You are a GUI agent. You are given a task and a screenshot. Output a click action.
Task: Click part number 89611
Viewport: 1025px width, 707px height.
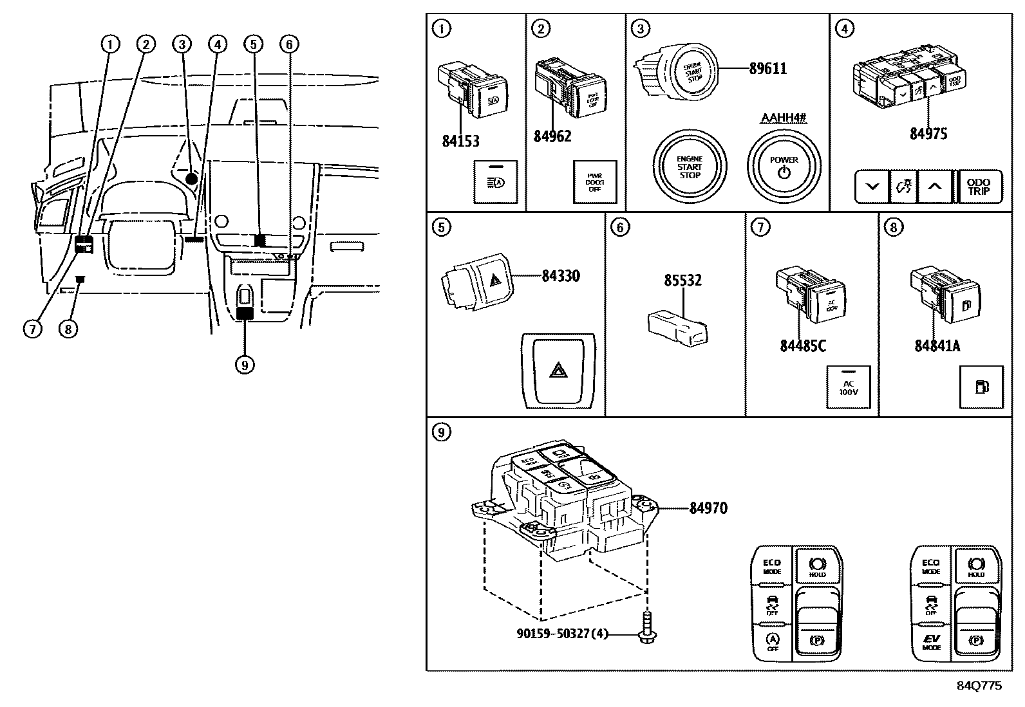coord(768,68)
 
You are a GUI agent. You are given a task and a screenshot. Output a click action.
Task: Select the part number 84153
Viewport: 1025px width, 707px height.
coord(460,141)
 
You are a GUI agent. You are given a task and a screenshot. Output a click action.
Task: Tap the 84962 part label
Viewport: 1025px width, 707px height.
coord(552,136)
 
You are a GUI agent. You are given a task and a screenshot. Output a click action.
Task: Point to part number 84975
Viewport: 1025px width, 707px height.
coord(928,133)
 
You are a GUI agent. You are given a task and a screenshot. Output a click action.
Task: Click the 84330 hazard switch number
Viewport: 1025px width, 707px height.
coord(560,276)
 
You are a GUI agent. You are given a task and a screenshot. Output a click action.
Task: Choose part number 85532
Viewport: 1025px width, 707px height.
coord(682,280)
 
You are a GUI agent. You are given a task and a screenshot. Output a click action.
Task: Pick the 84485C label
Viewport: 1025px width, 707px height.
coord(802,345)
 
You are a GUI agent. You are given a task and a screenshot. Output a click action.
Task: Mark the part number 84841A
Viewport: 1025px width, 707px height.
coord(937,345)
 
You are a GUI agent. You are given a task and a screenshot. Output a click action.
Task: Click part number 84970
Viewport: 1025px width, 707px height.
coord(708,508)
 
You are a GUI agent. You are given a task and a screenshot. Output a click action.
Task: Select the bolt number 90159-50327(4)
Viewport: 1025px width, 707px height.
coord(561,634)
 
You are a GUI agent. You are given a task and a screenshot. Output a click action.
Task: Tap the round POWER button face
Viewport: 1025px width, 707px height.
coord(784,167)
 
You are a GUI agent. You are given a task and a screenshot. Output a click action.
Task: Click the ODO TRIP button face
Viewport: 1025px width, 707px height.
coord(979,187)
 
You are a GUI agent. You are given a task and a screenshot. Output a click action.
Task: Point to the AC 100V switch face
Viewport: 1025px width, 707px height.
coord(848,387)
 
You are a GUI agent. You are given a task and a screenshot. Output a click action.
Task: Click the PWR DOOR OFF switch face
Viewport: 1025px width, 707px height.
coord(594,182)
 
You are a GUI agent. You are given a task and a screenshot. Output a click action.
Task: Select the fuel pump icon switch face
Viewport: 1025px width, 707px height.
coord(981,387)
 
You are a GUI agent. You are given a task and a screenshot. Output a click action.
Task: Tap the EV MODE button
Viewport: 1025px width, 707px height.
coord(930,642)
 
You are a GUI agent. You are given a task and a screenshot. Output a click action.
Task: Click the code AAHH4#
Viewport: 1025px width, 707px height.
coord(784,118)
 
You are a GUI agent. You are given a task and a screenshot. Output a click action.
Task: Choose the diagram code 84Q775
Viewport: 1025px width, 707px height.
coord(979,686)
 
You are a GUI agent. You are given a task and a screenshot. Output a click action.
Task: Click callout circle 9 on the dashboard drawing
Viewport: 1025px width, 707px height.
coord(244,365)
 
